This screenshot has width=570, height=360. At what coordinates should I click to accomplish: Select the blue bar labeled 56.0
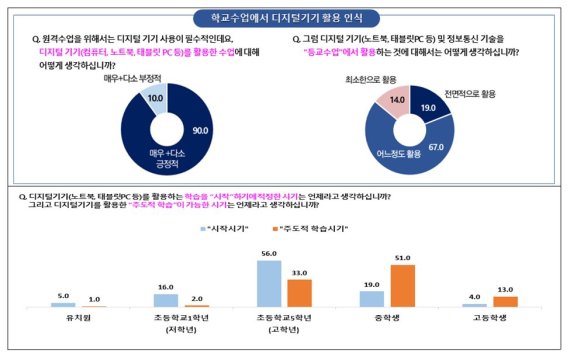click(x=269, y=280)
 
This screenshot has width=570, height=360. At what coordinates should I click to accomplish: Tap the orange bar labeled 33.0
click(x=298, y=292)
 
